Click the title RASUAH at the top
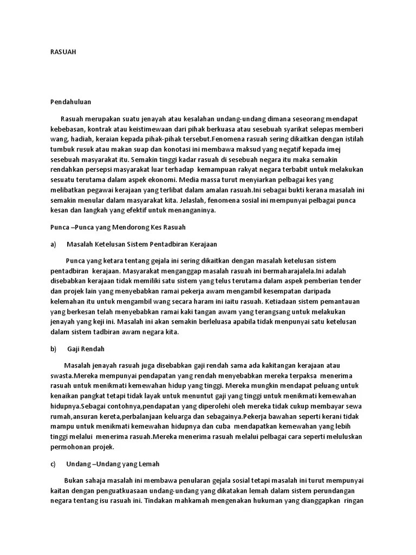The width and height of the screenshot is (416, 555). click(63, 52)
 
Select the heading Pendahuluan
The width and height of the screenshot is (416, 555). click(70, 101)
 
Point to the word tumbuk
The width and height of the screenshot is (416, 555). click(62, 149)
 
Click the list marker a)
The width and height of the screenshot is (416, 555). click(53, 244)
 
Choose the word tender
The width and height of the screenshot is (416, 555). click(351, 281)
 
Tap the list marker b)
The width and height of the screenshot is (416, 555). click(53, 349)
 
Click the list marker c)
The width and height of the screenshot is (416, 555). click(53, 464)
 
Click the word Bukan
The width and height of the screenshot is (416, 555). click(74, 480)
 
